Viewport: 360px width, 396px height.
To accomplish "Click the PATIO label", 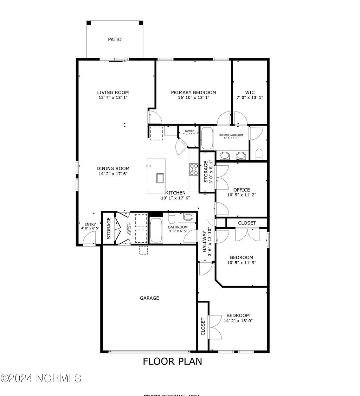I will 115,40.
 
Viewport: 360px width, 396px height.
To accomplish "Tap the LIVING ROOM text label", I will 113,92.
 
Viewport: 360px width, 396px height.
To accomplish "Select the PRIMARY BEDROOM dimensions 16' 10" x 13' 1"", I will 193,98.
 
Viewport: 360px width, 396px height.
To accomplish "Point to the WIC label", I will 250,92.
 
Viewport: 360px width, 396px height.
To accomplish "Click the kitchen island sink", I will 160,178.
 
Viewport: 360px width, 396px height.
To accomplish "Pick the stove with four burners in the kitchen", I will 194,169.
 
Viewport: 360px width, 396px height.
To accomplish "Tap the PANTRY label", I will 189,131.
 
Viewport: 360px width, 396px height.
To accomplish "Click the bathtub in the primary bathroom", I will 207,138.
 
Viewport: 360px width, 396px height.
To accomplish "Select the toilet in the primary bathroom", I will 259,154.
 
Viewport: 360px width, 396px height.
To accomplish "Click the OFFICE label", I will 241,190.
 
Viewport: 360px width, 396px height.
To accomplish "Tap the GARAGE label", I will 149,298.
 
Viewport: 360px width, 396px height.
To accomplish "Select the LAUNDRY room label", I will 128,229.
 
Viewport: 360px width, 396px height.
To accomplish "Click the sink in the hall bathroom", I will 188,217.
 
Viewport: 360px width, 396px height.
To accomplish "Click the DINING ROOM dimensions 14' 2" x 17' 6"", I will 113,174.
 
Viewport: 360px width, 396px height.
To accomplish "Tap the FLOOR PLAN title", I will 172,361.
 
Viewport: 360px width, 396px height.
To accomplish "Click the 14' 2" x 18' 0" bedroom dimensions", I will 238,321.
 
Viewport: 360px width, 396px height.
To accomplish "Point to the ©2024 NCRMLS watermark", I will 41,378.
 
